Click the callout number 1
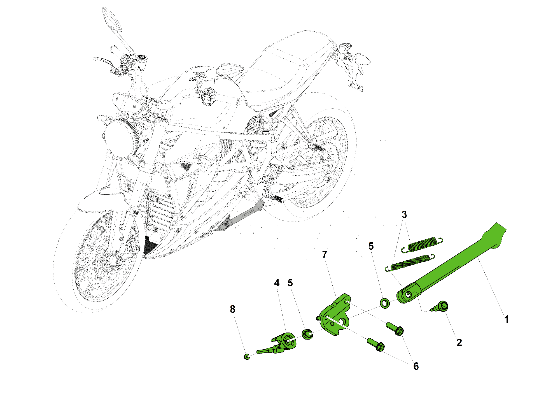pos(506,319)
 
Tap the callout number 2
pos(459,342)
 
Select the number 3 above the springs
pos(404,215)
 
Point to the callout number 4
pos(277,283)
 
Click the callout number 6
pos(416,366)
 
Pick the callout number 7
pos(325,254)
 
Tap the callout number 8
pos(232,309)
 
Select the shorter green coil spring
pos(422,245)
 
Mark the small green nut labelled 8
pos(247,357)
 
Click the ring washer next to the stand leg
pos(385,303)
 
